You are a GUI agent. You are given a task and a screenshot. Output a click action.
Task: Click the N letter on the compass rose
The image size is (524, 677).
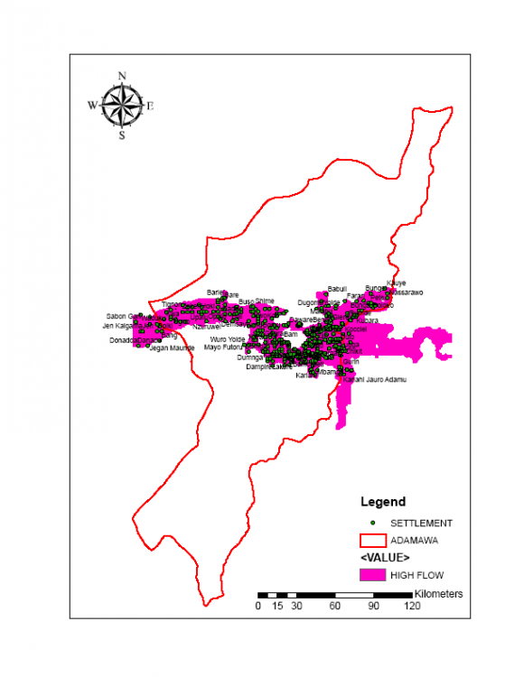click(122, 76)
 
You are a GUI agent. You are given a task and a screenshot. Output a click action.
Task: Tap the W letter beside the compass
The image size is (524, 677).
click(91, 106)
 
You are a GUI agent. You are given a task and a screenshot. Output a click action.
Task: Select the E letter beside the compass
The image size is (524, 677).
click(151, 106)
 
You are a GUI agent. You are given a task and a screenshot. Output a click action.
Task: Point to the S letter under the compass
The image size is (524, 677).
click(122, 136)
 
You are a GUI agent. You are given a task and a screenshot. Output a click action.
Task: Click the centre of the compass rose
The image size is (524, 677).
click(121, 106)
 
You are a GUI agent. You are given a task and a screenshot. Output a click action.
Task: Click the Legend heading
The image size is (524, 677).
click(383, 502)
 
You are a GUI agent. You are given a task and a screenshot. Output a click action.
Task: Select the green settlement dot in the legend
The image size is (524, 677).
click(371, 523)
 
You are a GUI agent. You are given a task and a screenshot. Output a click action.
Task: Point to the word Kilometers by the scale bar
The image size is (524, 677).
click(438, 594)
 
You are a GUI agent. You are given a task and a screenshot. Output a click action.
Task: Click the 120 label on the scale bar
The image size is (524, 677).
click(412, 607)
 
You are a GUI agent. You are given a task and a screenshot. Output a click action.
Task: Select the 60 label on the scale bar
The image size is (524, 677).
click(335, 607)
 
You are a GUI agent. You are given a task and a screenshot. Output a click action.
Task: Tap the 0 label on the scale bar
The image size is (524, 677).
click(258, 607)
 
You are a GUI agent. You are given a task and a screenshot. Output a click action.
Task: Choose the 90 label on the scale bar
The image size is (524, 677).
click(373, 607)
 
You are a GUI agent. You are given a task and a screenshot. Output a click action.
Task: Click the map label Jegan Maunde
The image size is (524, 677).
click(172, 348)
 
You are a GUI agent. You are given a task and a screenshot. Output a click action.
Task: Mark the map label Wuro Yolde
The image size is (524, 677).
click(228, 339)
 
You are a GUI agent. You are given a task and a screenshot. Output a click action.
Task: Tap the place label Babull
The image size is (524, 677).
click(337, 288)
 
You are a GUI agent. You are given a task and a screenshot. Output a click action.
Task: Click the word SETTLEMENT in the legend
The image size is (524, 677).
click(421, 524)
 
